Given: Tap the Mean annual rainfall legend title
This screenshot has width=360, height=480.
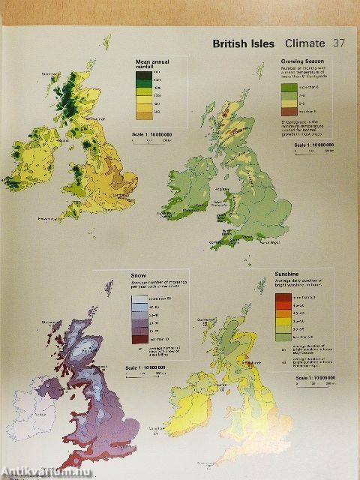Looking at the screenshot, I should pyautogui.click(x=148, y=64).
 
